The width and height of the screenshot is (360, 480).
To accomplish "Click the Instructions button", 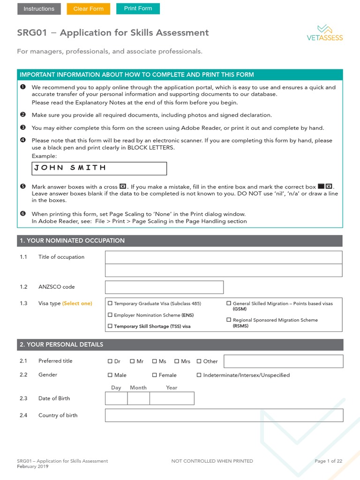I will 39,9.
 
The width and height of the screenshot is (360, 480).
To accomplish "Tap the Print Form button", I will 138,9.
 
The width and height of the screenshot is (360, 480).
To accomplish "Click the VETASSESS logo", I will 323,33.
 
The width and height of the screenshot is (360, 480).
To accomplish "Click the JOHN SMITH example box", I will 99,168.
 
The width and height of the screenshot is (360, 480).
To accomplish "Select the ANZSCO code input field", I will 164,287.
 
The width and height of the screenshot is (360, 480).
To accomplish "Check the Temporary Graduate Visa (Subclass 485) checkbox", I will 110,304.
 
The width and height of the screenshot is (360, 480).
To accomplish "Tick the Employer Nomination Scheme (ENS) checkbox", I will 110,315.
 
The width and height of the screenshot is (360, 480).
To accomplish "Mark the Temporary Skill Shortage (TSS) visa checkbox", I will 110,326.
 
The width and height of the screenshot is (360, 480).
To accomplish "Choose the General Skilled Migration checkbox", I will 229,304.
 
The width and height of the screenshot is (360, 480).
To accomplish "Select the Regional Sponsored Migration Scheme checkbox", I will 229,320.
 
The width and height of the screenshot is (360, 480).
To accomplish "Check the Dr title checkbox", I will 110,361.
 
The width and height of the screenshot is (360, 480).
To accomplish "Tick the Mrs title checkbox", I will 177,361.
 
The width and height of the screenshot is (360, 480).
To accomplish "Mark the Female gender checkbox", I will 155,375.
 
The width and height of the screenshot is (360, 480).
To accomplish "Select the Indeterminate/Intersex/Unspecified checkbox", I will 199,375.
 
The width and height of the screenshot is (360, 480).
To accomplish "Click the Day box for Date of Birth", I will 116,398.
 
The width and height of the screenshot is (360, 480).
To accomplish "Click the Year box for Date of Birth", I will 172,398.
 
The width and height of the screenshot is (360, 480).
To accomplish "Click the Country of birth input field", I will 224,415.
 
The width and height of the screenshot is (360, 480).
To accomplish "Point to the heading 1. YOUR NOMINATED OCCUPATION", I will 72,240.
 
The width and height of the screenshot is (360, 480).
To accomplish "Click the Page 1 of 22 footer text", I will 328,461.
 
